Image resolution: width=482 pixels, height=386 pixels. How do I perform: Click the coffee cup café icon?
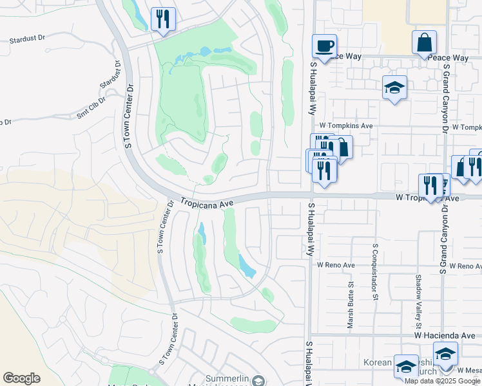[x=324, y=46]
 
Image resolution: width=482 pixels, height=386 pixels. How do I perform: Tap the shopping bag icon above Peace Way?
[x=425, y=42]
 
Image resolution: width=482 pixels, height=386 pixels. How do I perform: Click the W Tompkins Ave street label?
[x=346, y=126]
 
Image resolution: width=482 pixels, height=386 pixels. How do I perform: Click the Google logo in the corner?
[x=21, y=378]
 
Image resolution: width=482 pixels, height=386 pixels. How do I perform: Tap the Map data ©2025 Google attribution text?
[x=443, y=381]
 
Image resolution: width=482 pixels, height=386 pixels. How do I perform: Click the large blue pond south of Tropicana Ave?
[x=246, y=265]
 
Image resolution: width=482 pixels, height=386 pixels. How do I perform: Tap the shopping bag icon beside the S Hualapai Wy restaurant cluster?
[x=342, y=147]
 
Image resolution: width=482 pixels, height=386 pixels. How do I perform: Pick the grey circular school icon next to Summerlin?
[x=258, y=381]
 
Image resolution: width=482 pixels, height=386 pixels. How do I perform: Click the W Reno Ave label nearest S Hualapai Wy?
[x=336, y=265]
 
